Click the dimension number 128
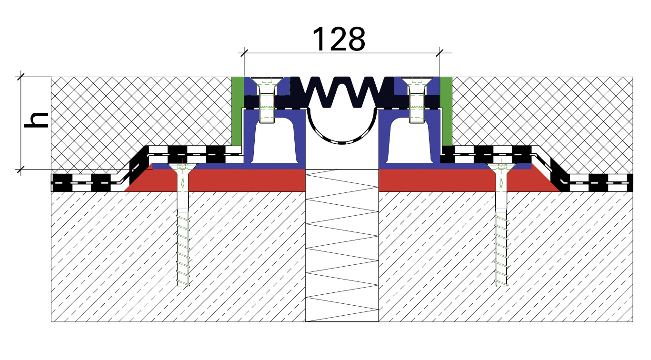coord(339,39)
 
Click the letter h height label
coord(36,120)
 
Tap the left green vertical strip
coord(238,111)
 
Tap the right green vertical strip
coord(446,111)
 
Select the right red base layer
coord(465,180)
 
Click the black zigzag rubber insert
coord(342,91)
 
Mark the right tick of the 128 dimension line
coord(440,53)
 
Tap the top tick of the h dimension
coord(20,77)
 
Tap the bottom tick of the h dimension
coord(20,169)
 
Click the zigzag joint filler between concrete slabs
coord(342,246)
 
